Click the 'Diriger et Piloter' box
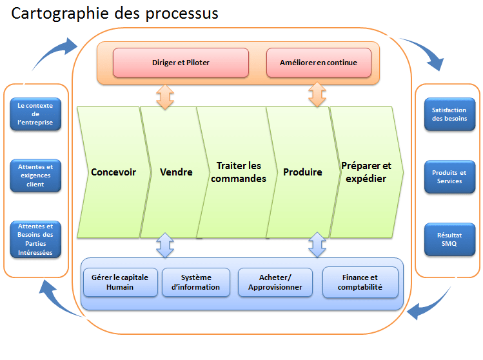(x=181, y=63)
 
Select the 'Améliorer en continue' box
(x=319, y=63)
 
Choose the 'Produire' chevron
(x=302, y=172)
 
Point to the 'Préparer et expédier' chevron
(x=366, y=172)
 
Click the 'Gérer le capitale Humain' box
(x=120, y=282)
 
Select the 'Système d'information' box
(x=196, y=282)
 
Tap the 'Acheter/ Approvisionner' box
(x=275, y=282)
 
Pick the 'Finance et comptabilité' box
(x=360, y=282)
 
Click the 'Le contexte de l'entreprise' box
(x=35, y=114)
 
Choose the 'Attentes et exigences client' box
(x=35, y=175)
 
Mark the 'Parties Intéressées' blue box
(x=35, y=239)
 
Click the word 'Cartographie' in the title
(x=61, y=13)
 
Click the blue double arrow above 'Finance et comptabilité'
(x=317, y=245)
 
